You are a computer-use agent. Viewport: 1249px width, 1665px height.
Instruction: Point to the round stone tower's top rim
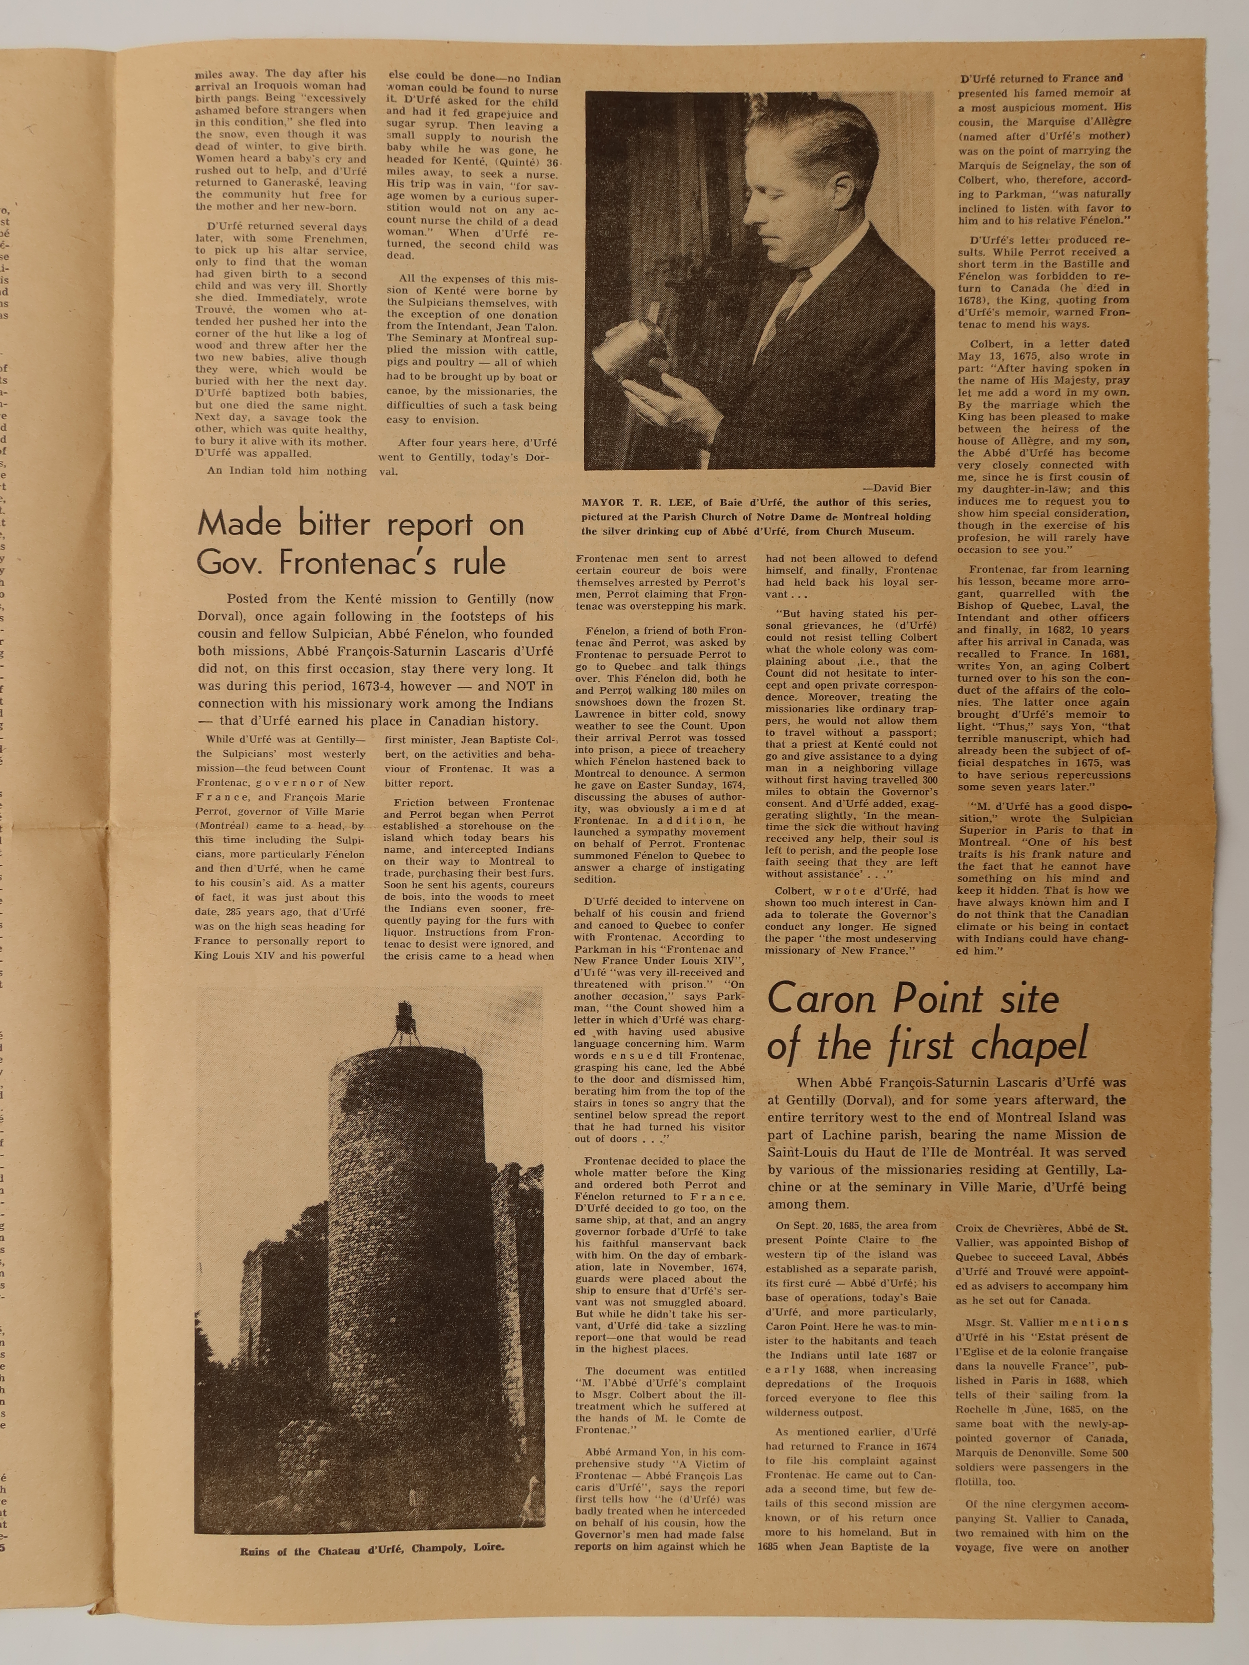[406, 1050]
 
